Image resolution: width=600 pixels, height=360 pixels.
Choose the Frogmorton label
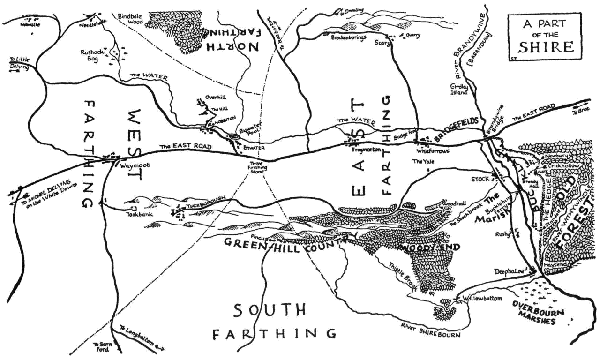(x=367, y=149)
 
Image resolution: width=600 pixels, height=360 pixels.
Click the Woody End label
(x=430, y=247)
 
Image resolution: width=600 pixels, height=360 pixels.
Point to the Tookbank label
(x=136, y=215)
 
